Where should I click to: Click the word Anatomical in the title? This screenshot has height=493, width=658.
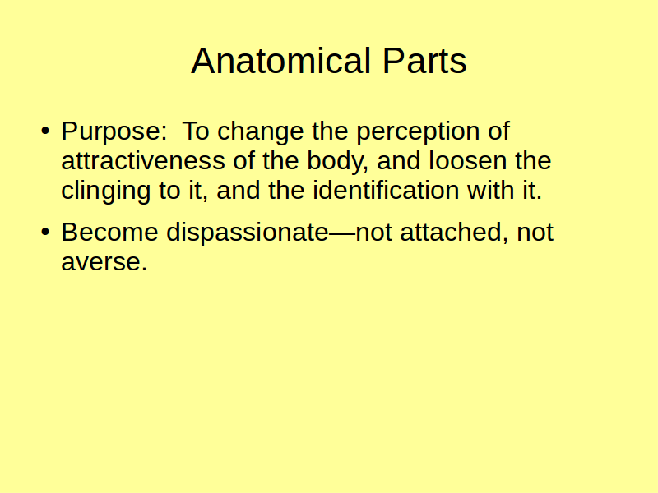[280, 61]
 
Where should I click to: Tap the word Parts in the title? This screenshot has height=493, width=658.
[424, 61]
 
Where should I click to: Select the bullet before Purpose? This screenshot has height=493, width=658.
[45, 131]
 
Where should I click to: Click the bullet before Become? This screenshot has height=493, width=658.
[45, 232]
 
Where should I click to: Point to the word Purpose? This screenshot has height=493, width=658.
[111, 131]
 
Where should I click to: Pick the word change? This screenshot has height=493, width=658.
[260, 131]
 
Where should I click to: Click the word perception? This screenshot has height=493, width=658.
[418, 131]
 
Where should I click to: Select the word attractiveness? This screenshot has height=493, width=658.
[143, 160]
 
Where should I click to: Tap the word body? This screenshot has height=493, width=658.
[337, 161]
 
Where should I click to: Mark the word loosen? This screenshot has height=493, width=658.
[468, 160]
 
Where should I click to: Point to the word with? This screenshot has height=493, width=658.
[491, 191]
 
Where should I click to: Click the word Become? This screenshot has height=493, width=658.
[109, 232]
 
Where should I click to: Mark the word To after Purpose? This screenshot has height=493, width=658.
[196, 131]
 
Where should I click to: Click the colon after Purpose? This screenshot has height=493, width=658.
[164, 133]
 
